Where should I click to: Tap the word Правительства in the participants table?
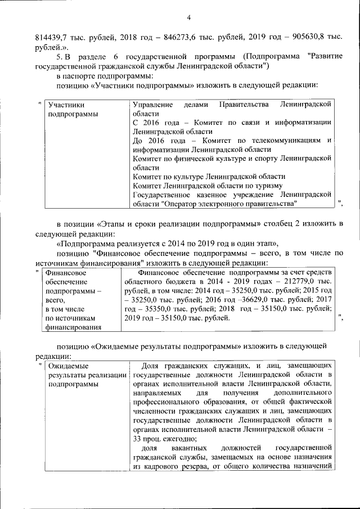tap(245, 105)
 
